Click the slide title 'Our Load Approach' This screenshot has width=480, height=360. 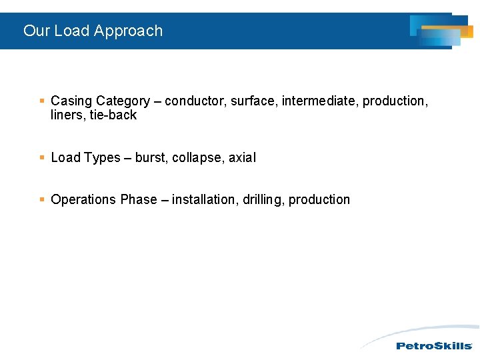(x=93, y=31)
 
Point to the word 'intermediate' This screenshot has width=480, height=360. (x=319, y=101)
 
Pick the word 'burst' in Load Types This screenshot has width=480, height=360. (x=151, y=158)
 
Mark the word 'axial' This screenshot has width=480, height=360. (x=242, y=158)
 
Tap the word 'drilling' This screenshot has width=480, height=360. (x=263, y=200)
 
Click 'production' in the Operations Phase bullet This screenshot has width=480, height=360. (x=319, y=200)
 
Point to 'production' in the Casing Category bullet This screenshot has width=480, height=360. (x=395, y=101)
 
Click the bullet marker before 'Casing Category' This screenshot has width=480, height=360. (x=42, y=101)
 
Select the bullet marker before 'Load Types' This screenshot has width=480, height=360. (x=42, y=158)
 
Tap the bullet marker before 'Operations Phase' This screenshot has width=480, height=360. (x=42, y=200)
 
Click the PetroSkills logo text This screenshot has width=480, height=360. (x=434, y=346)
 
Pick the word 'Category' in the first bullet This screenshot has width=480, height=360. (x=123, y=101)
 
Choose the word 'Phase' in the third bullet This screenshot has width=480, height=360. (x=137, y=200)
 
